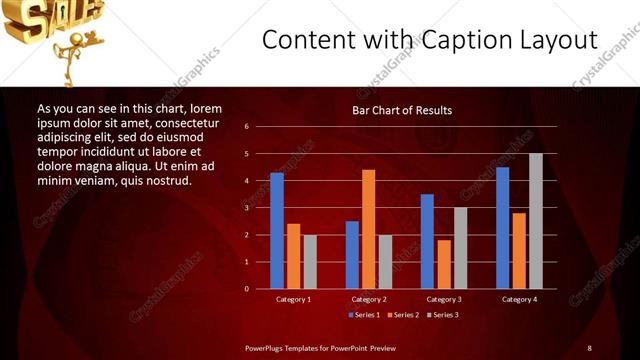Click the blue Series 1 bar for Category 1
click(x=277, y=231)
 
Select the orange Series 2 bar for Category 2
click(x=368, y=229)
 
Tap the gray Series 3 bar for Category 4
click(x=535, y=221)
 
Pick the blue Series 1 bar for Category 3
click(x=427, y=241)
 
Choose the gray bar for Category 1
click(x=310, y=262)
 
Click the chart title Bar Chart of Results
click(x=401, y=110)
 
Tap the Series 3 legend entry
click(x=443, y=315)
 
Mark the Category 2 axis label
click(x=368, y=299)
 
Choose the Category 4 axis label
click(x=518, y=299)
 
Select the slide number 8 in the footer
click(x=589, y=347)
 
